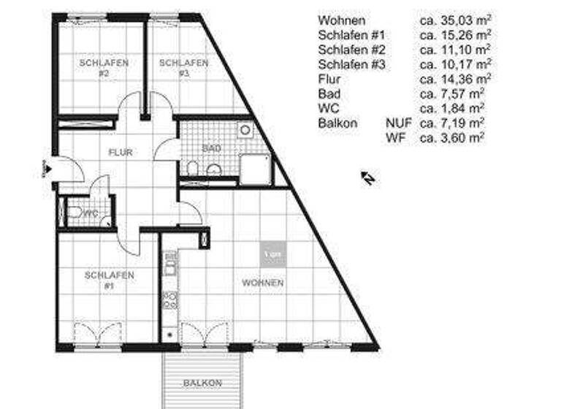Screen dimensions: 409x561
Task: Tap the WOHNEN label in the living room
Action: (x=263, y=283)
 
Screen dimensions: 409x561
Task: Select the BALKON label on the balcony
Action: (x=202, y=383)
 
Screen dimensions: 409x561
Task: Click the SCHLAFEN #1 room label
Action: (x=109, y=280)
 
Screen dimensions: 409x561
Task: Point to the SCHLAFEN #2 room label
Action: (x=104, y=68)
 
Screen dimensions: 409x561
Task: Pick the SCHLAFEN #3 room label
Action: (x=183, y=68)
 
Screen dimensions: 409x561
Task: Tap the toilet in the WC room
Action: (x=73, y=213)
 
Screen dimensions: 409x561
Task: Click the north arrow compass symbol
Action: (x=368, y=177)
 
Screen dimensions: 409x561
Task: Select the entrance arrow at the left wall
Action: (x=45, y=169)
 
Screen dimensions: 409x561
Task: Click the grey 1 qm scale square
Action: (x=272, y=253)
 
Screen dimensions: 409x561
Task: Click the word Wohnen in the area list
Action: (x=342, y=20)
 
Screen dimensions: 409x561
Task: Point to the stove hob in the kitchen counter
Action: (x=169, y=299)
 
